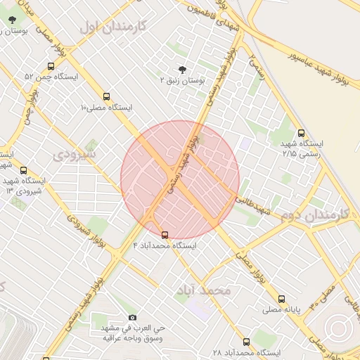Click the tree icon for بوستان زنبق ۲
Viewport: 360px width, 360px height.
click(x=183, y=69)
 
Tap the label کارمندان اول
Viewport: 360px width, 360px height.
click(x=112, y=27)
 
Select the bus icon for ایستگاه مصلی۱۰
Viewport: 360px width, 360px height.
click(x=106, y=96)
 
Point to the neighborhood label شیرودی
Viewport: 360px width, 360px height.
click(x=75, y=152)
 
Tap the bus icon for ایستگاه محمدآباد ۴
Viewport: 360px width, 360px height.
click(x=165, y=235)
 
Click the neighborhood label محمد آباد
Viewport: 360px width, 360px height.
click(x=203, y=290)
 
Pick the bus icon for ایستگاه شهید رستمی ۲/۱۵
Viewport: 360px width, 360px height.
click(x=302, y=132)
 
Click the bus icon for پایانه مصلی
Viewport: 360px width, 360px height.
click(x=282, y=298)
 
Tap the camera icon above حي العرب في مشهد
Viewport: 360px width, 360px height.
click(x=132, y=317)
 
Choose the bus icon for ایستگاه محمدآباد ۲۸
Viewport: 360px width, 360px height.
click(x=245, y=342)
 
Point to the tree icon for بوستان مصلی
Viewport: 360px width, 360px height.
click(x=12, y=20)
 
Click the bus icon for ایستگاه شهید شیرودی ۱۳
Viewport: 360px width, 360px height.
click(x=24, y=170)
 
